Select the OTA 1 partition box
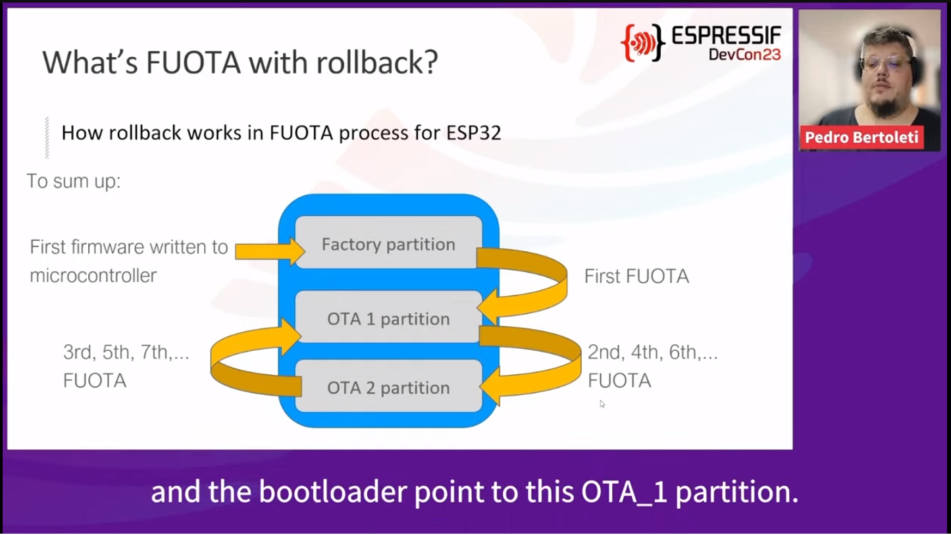(x=388, y=317)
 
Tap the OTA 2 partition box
(x=388, y=386)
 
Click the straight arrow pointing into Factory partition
(x=270, y=251)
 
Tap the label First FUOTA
(x=636, y=276)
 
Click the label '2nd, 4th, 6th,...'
(x=653, y=353)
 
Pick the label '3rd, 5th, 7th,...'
(x=126, y=353)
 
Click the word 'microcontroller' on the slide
(x=93, y=276)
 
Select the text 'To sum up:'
(x=74, y=182)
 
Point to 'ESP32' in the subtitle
(x=473, y=133)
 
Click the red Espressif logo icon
(x=643, y=43)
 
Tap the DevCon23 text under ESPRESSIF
(x=744, y=55)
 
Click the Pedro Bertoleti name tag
(x=861, y=137)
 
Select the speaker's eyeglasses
(x=885, y=64)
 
